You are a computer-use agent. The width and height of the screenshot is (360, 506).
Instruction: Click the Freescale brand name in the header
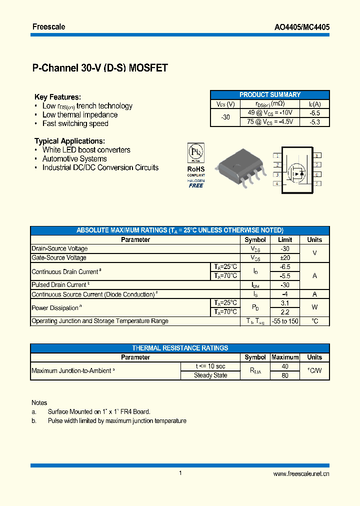49,26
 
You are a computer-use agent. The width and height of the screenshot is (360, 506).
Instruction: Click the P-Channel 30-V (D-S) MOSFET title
100,68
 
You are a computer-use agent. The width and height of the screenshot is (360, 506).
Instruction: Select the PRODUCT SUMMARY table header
270,94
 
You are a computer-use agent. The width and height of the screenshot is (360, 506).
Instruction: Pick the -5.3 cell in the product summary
314,121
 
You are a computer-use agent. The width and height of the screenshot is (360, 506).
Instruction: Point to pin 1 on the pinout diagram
276,156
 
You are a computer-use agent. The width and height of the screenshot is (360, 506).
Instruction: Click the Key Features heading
57,97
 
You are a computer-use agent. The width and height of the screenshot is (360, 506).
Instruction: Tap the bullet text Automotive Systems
74,158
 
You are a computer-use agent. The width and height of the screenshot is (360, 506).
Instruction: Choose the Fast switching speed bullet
75,123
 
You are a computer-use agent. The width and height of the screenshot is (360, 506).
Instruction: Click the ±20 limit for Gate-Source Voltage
284,257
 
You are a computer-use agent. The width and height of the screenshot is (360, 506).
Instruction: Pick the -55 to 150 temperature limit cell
284,321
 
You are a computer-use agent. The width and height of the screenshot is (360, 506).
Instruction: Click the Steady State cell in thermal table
210,375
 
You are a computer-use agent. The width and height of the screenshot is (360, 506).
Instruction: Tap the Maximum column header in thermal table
284,357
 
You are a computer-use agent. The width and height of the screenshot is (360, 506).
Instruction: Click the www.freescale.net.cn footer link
301,474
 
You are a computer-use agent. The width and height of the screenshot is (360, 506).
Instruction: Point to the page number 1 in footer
180,473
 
